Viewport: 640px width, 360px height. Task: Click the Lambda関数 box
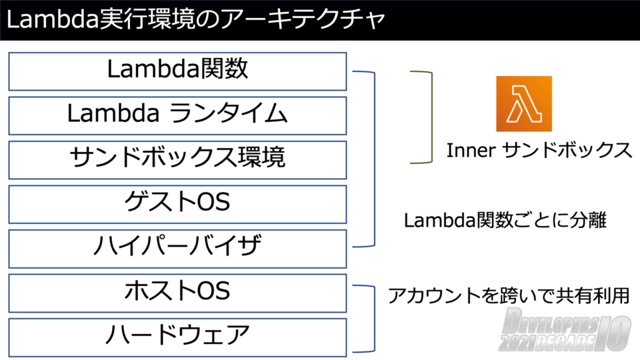[x=177, y=71]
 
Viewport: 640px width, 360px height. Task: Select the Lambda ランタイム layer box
[x=177, y=115]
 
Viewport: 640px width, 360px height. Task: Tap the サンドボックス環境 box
[x=177, y=159]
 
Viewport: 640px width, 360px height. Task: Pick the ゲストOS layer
[x=177, y=203]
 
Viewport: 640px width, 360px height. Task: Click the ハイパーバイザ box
[x=177, y=247]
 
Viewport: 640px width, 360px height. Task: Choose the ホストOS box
[x=177, y=292]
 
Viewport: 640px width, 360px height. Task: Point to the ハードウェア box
[x=177, y=336]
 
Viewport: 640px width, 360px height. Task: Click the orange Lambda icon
[x=524, y=103]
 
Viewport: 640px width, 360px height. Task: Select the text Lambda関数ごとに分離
[x=505, y=221]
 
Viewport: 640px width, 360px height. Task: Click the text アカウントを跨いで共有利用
[x=509, y=295]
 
